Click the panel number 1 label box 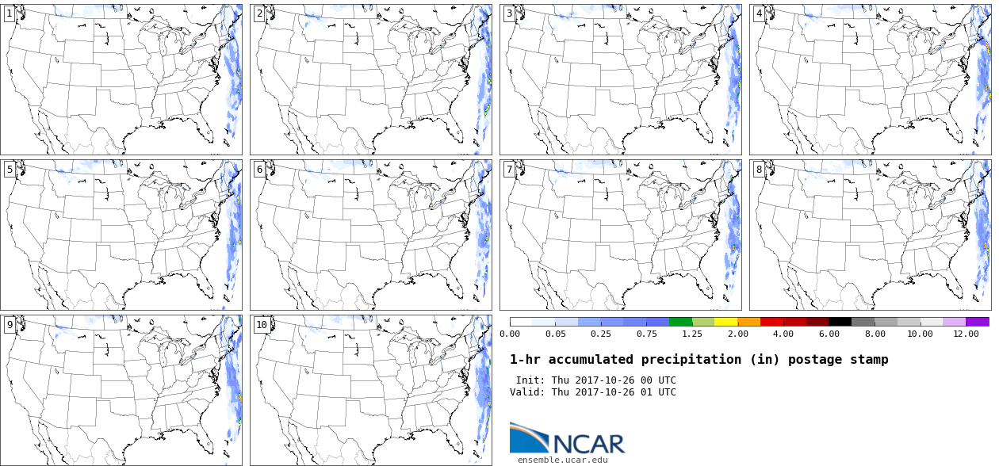(x=10, y=13)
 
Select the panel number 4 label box (x=759, y=13)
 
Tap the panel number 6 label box (x=259, y=169)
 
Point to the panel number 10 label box (x=262, y=325)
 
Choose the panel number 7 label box (x=509, y=169)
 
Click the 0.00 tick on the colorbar (x=510, y=334)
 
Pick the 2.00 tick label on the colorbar (x=738, y=334)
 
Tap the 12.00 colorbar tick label (x=966, y=334)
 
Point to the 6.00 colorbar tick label (x=829, y=334)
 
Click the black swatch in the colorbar (x=840, y=322)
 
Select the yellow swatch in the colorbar (x=726, y=322)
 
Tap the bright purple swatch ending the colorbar (x=977, y=322)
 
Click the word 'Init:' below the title (x=530, y=380)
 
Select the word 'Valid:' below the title (x=527, y=392)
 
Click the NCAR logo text (x=589, y=444)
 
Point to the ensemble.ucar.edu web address (x=562, y=460)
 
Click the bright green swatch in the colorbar (x=680, y=322)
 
